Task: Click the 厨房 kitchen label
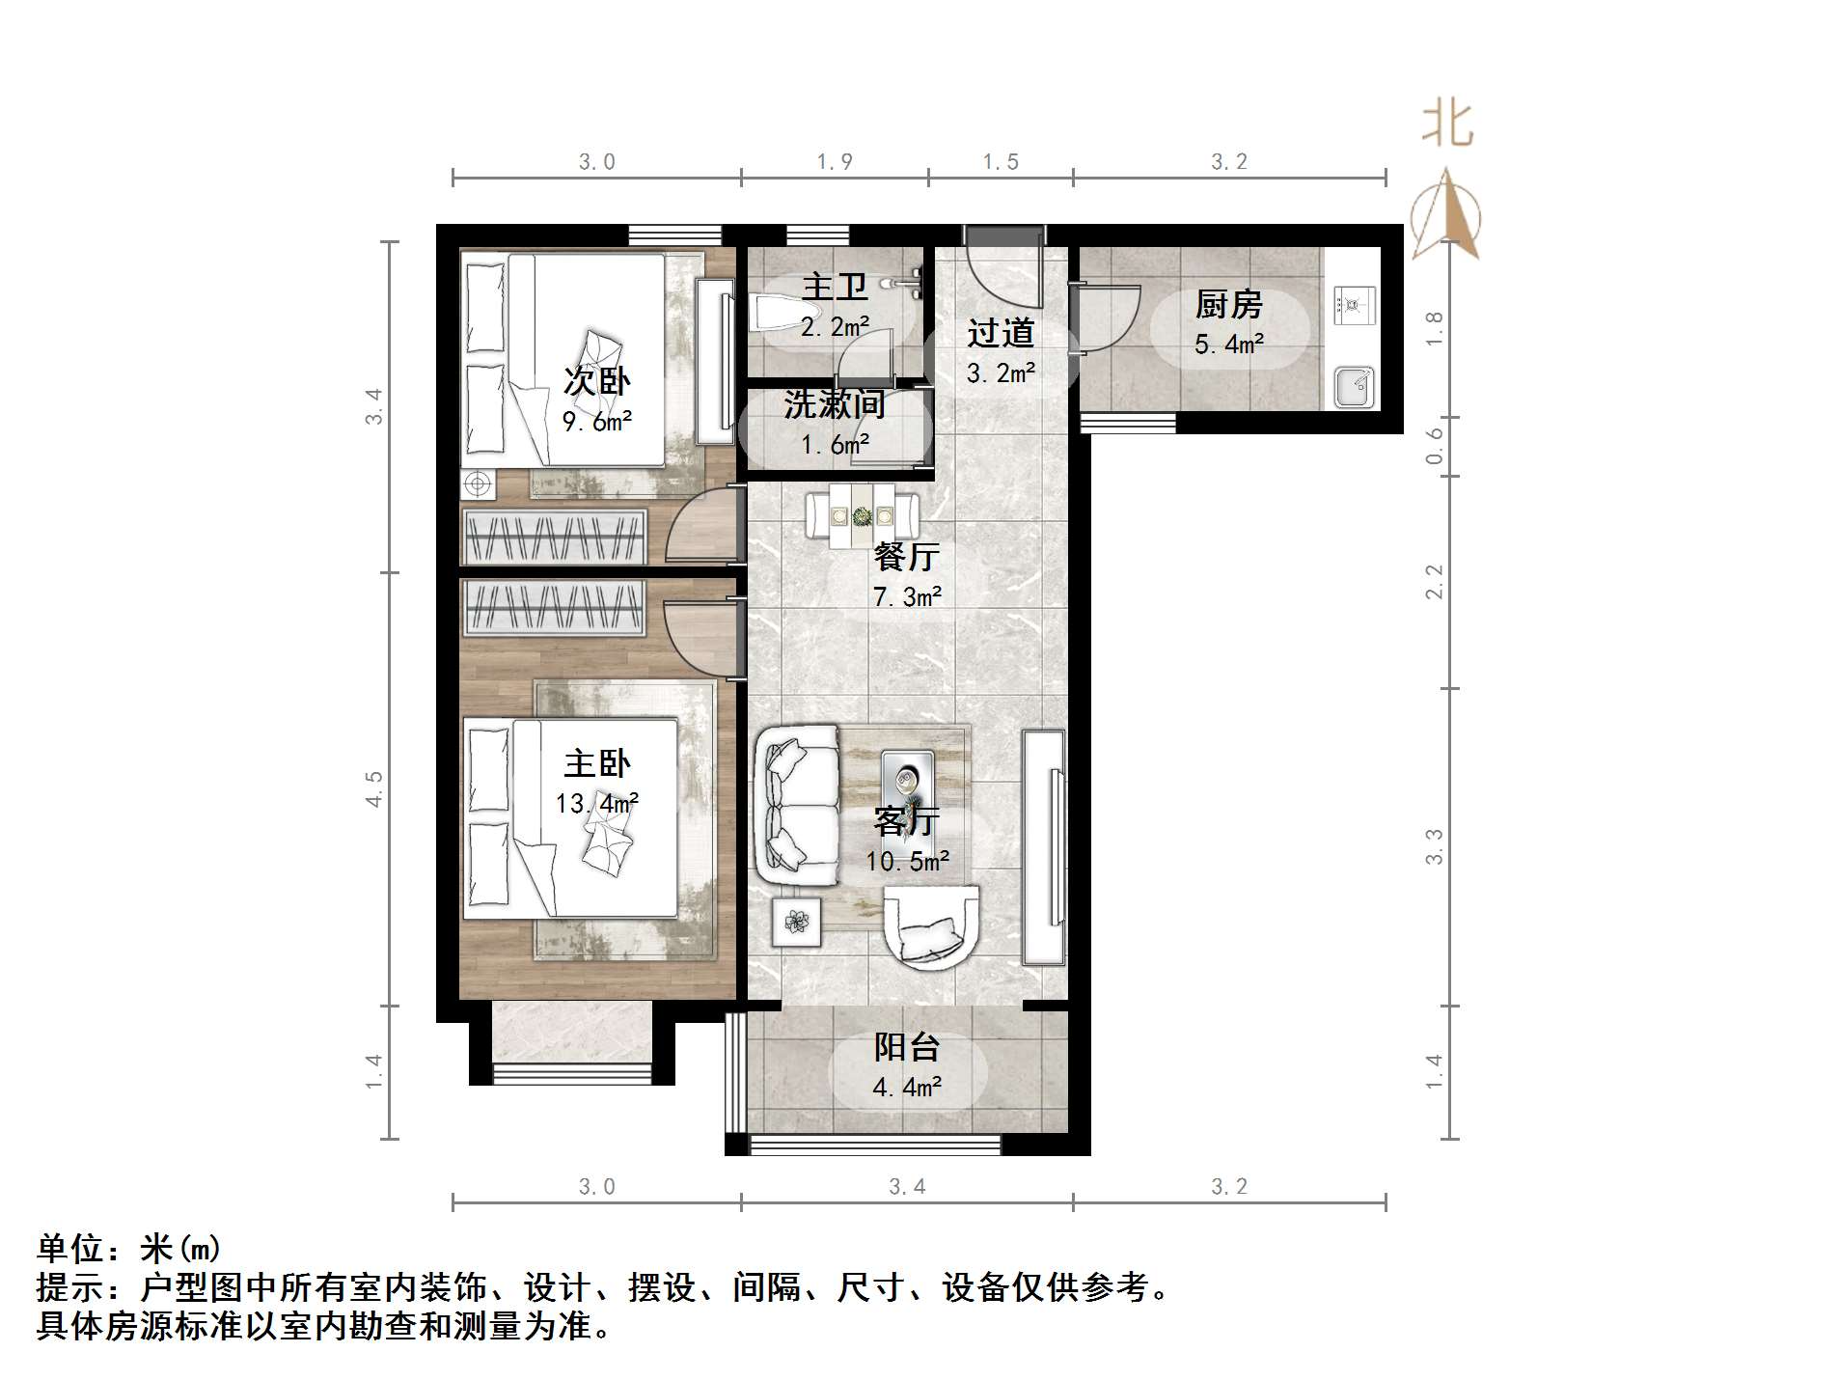[x=1228, y=305]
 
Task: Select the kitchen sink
[x=1354, y=387]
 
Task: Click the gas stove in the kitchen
[x=1354, y=306]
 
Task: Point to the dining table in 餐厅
[x=863, y=516]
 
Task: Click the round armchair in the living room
[x=931, y=927]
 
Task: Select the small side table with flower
[x=796, y=923]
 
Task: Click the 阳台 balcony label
[x=907, y=1047]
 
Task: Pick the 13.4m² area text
[x=597, y=803]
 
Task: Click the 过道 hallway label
[x=1001, y=333]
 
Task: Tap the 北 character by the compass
[x=1447, y=124]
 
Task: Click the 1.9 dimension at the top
[x=835, y=161]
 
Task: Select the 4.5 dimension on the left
[x=374, y=788]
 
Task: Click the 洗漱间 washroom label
[x=835, y=404]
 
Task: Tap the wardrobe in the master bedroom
[x=554, y=608]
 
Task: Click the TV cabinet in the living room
[x=1043, y=846]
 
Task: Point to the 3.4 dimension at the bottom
[x=907, y=1186]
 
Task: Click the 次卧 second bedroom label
[x=597, y=381]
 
